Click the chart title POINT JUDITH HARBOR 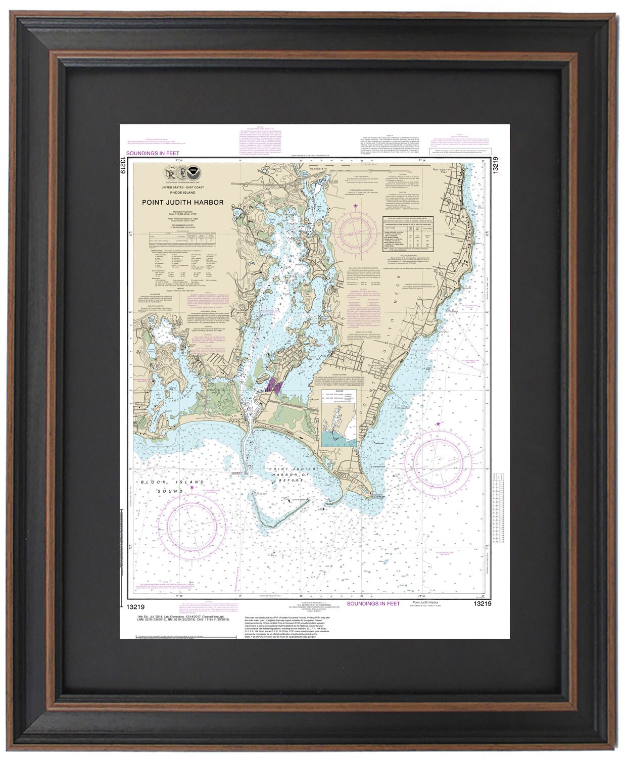pos(182,203)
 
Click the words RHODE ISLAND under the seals pos(182,193)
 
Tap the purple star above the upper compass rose pos(356,206)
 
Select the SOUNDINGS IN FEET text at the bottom pos(373,603)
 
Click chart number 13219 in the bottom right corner pos(483,603)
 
